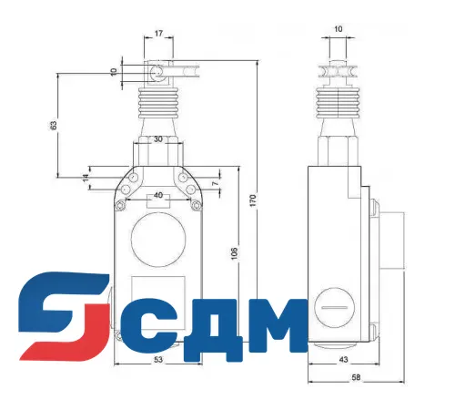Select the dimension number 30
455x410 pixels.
pyautogui.click(x=158, y=139)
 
